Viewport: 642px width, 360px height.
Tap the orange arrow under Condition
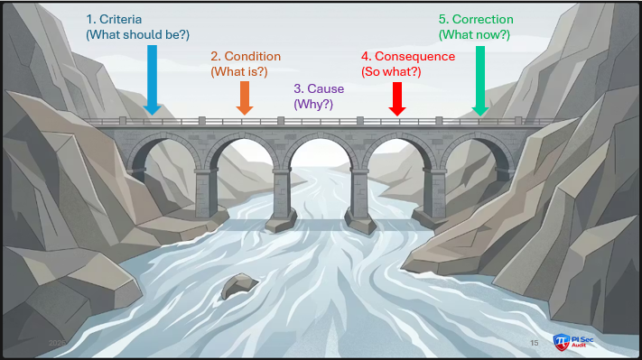tap(244, 97)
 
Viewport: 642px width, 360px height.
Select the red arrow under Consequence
tap(396, 97)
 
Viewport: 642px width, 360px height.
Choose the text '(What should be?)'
tap(137, 34)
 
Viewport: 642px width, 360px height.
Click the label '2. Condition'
tap(246, 56)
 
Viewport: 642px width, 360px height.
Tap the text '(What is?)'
tap(238, 70)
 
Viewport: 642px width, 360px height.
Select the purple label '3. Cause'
tap(320, 89)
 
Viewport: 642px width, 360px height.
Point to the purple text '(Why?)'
tap(313, 105)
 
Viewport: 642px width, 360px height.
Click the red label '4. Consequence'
tap(407, 56)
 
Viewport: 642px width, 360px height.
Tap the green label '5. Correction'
tap(476, 19)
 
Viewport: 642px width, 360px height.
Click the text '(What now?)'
tap(474, 34)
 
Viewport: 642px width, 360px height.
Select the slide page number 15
tap(534, 343)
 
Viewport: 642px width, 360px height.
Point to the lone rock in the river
tap(239, 286)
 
